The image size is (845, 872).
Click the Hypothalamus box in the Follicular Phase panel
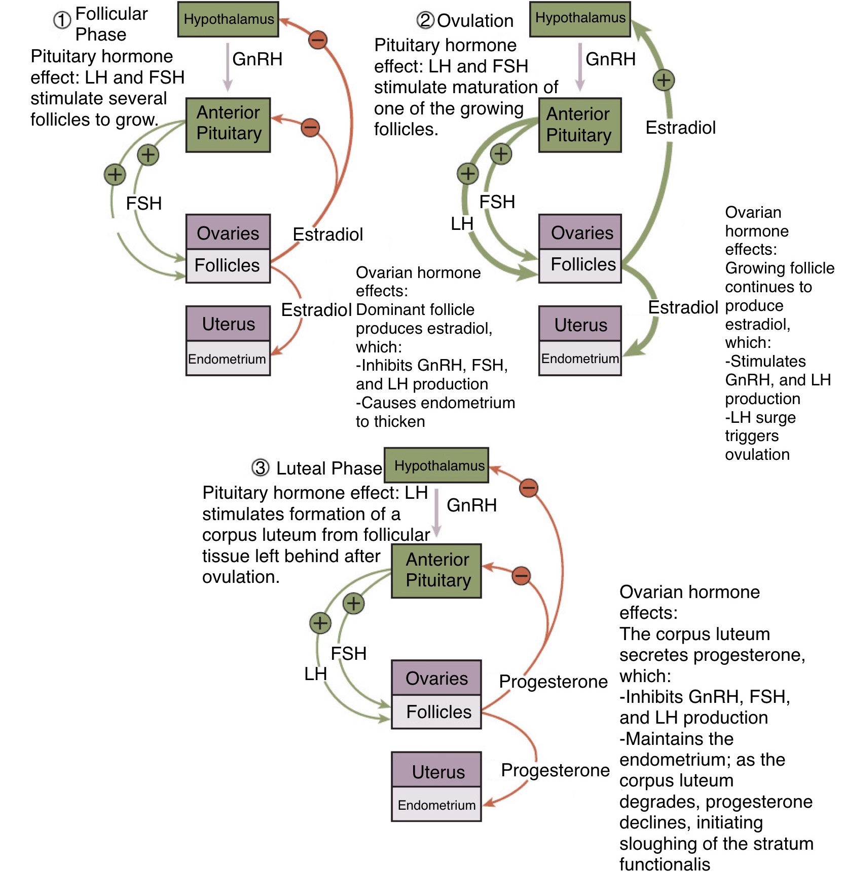[228, 19]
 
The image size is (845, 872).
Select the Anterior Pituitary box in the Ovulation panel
[579, 125]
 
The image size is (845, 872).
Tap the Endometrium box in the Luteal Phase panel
[436, 805]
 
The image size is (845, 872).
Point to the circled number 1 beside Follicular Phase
[62, 21]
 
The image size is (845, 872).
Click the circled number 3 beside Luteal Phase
[261, 467]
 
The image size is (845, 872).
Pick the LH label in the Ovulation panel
[462, 223]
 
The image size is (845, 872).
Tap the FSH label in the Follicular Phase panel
[143, 204]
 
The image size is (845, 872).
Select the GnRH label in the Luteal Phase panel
[471, 505]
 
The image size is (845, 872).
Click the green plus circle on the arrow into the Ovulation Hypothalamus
[664, 80]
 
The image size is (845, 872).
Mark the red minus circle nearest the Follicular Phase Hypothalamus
[318, 39]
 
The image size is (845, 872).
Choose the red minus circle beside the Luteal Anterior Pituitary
[521, 575]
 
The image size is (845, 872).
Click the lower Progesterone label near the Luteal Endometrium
[555, 770]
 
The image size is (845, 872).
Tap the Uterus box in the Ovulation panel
[580, 325]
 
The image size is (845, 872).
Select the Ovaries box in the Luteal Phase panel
[436, 678]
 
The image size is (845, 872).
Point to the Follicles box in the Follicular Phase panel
[228, 265]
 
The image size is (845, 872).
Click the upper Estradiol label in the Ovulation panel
[680, 128]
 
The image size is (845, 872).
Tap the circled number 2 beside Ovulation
[425, 20]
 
